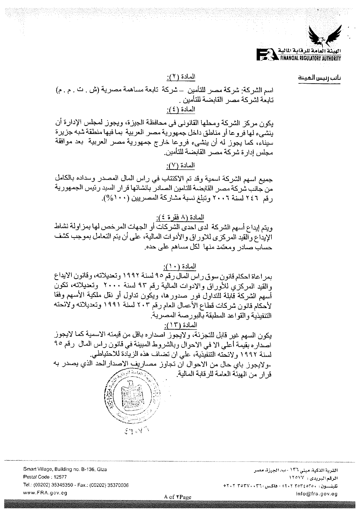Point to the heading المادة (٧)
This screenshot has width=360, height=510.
[x=180, y=166]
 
